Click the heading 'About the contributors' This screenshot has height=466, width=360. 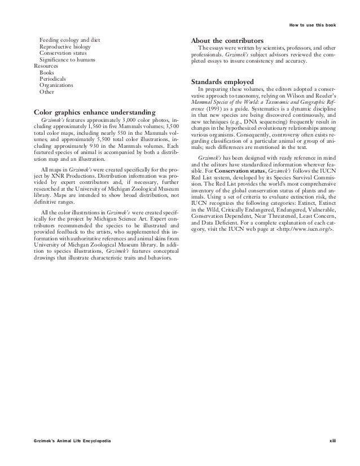(227, 42)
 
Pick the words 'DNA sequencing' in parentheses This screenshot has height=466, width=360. (258, 122)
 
